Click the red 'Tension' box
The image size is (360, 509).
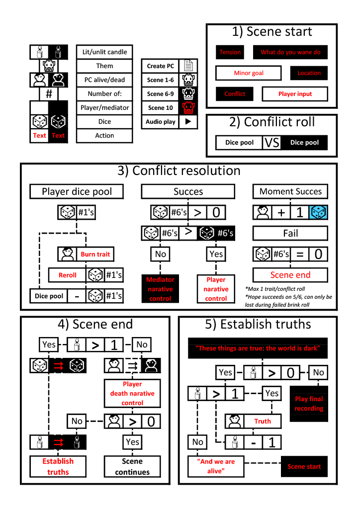point(230,52)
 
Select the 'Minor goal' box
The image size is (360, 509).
point(249,73)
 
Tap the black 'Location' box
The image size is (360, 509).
point(309,73)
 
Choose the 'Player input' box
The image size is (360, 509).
point(295,94)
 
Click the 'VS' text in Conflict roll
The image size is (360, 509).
point(272,143)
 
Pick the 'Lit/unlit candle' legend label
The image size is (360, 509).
point(104,52)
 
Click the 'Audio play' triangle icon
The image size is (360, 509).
point(188,121)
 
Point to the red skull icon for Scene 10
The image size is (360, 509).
point(188,107)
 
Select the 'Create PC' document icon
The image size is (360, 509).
point(188,66)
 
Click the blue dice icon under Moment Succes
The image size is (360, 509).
point(318,212)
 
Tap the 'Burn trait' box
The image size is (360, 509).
point(95,254)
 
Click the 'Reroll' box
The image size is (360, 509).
point(68,275)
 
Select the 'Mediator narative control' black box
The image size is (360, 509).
point(160,289)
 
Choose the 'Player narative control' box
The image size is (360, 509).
point(216,289)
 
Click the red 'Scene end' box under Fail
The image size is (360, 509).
point(290,275)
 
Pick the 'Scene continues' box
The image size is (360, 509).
point(132,466)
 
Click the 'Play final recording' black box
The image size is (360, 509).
point(309,404)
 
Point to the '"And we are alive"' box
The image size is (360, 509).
point(216,466)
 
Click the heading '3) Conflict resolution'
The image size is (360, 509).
point(179,171)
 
